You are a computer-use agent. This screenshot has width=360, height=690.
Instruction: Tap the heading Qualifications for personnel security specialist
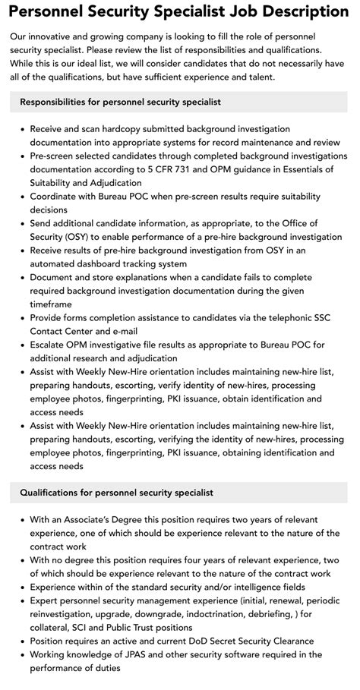tap(117, 493)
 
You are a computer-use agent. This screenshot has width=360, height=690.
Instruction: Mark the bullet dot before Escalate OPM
tap(21, 345)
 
